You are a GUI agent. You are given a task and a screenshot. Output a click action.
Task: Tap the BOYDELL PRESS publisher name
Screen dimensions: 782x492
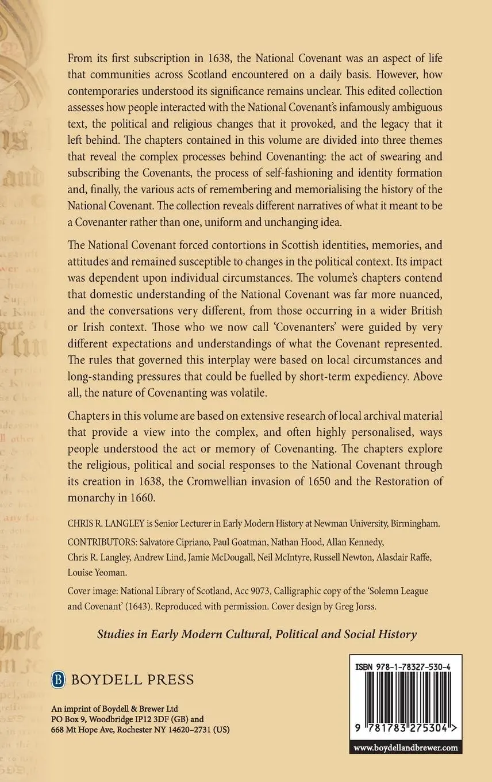(x=132, y=680)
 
